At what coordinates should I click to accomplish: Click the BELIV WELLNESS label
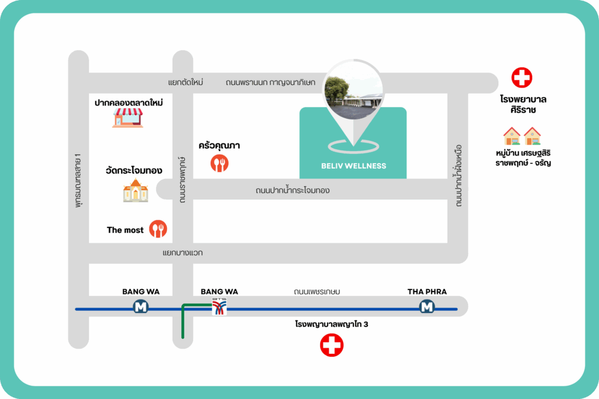pos(353,166)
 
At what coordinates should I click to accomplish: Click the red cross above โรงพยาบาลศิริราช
pos(522,78)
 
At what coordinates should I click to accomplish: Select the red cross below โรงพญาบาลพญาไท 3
pos(332,345)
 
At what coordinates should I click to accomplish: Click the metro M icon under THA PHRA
pos(427,307)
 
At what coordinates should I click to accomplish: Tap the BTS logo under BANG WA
pos(219,307)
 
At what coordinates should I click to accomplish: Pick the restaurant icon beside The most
pos(158,229)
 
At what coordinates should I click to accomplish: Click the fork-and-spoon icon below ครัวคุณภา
pos(219,163)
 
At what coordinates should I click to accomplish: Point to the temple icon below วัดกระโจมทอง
pos(135,191)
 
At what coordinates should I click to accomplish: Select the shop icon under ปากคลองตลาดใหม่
pos(128,118)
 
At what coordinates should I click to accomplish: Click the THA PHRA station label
pos(427,291)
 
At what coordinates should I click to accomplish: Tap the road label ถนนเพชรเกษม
pos(317,291)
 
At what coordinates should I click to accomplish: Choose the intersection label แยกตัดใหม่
pos(185,82)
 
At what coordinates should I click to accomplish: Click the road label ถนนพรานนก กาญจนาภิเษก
pos(270,82)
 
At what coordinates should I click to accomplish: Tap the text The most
pos(125,230)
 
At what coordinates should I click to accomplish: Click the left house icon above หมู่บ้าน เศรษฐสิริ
pos(512,136)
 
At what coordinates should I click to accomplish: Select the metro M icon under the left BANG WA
pos(140,307)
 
